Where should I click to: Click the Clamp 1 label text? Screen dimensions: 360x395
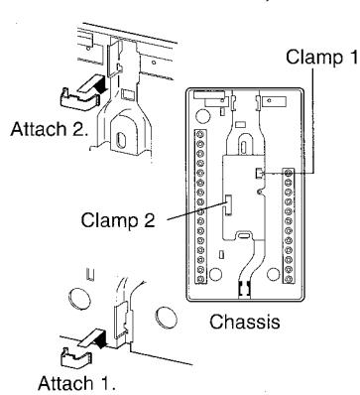[x=321, y=57]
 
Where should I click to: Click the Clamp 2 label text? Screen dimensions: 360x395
[x=118, y=219]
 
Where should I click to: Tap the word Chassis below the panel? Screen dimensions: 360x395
[x=245, y=322]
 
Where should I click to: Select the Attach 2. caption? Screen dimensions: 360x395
[x=50, y=129]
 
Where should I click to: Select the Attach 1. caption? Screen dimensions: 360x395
[x=76, y=383]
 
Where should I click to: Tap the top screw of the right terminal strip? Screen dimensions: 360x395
[x=289, y=173]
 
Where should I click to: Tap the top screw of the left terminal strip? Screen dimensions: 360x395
[x=200, y=135]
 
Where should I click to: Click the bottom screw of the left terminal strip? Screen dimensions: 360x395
[x=200, y=279]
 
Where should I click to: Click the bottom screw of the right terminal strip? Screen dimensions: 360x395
[x=289, y=279]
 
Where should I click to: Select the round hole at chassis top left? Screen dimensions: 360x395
[x=203, y=115]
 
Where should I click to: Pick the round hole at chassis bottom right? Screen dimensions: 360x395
[x=273, y=274]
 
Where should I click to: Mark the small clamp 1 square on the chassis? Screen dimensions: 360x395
[x=260, y=173]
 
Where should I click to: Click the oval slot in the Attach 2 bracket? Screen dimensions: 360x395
[x=121, y=140]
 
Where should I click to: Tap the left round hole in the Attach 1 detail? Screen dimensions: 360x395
[x=79, y=298]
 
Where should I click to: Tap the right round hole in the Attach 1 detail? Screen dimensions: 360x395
[x=166, y=318]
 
